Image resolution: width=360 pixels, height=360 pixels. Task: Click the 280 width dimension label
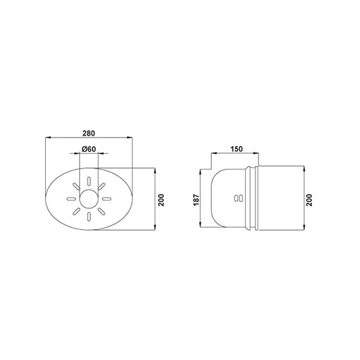click(89, 133)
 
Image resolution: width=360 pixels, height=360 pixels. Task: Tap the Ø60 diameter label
click(89, 149)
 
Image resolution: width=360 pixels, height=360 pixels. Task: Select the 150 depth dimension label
click(236, 149)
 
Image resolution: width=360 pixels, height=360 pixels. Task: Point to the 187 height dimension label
click(196, 200)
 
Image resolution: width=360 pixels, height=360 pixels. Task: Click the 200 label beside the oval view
click(161, 200)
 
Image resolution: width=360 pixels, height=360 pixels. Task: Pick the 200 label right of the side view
click(309, 200)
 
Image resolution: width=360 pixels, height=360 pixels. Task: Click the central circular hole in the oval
click(89, 199)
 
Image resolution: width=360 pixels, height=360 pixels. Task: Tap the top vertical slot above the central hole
click(89, 181)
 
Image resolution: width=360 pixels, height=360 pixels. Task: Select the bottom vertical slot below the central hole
click(89, 217)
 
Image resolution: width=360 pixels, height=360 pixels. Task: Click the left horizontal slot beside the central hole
click(71, 199)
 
